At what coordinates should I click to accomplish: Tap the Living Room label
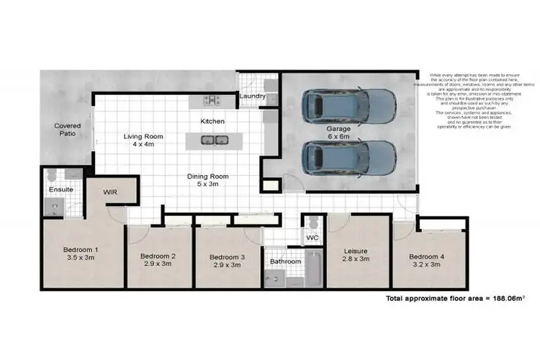tap(143, 136)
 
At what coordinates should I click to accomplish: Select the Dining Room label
tap(207, 176)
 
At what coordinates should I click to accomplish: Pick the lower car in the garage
tap(348, 157)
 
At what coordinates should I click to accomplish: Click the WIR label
tap(111, 193)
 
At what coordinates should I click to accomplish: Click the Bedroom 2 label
tap(158, 256)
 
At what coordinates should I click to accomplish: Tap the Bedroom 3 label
tap(228, 257)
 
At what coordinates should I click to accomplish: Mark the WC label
tap(312, 237)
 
